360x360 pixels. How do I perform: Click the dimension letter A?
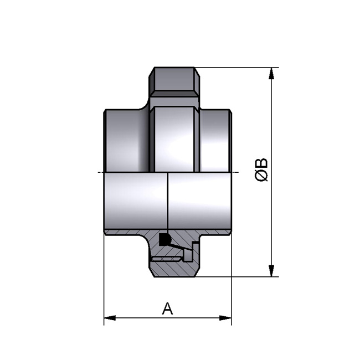(167, 308)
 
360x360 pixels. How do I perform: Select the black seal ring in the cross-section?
(164, 240)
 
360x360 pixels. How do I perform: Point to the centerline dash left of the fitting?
(99, 172)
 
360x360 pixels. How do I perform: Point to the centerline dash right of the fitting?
(236, 172)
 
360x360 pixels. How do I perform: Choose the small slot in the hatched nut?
(166, 257)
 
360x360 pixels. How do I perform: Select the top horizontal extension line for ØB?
(238, 68)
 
